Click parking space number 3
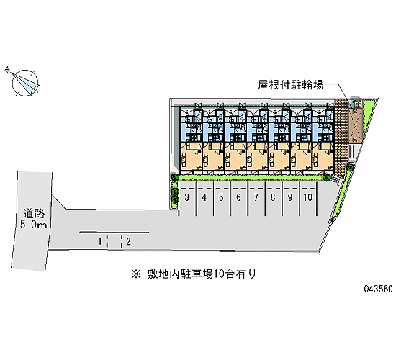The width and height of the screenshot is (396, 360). [x=187, y=199]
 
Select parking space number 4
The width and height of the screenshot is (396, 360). [x=204, y=199]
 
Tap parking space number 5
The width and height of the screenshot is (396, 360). [x=222, y=199]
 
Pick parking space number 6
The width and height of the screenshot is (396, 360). [x=239, y=199]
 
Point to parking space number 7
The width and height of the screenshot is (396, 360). [x=256, y=199]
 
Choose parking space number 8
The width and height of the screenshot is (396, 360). [x=274, y=199]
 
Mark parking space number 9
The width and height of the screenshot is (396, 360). [x=291, y=199]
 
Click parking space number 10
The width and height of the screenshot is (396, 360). [x=308, y=199]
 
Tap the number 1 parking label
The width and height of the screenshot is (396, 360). [x=100, y=241]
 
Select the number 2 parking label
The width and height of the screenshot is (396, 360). [x=129, y=241]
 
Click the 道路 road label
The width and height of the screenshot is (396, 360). [x=34, y=213]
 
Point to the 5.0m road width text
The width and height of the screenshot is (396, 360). [x=34, y=225]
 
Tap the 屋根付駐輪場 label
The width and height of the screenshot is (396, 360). [x=290, y=85]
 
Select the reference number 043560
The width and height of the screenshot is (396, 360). [x=378, y=289]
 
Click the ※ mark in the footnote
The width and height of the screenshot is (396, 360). [x=136, y=274]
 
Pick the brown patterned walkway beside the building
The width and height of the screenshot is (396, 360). [x=341, y=137]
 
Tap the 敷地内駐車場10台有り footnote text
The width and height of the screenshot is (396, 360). [x=202, y=274]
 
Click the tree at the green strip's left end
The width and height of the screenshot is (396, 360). [x=174, y=177]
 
